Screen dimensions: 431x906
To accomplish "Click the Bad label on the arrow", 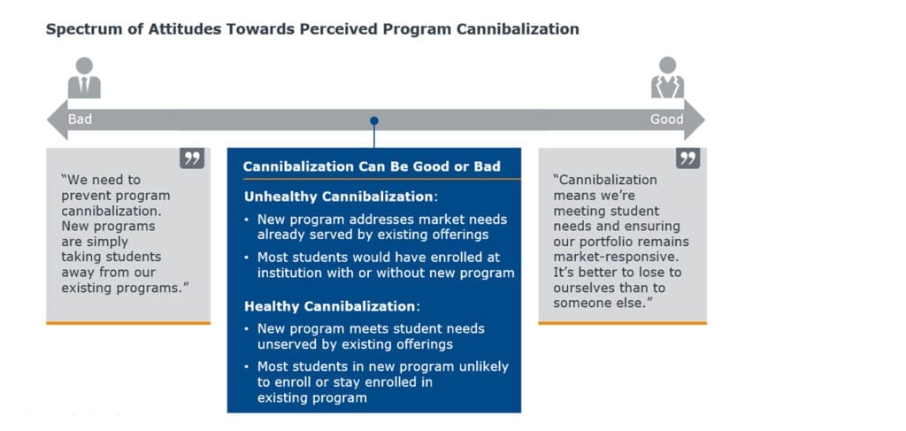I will [80, 119].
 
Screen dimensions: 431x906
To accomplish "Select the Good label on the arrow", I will [666, 119].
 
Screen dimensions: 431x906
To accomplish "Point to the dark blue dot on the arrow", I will [374, 120].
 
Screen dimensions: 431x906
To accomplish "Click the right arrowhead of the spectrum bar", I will [695, 119].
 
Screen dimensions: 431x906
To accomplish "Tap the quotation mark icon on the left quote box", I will [192, 158].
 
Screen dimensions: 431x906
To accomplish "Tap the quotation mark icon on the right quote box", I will [687, 158].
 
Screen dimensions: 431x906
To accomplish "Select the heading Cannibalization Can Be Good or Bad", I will [372, 166].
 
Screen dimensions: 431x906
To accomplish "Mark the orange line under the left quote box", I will [128, 323].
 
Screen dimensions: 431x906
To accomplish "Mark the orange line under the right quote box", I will [622, 323].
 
